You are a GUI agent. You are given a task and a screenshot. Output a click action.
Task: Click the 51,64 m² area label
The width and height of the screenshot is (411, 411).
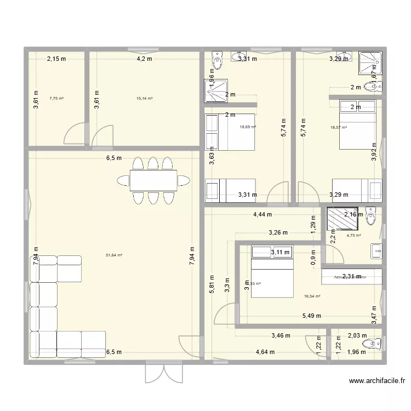(114, 255)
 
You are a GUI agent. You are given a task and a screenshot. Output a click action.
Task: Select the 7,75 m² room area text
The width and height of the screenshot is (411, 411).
(56, 99)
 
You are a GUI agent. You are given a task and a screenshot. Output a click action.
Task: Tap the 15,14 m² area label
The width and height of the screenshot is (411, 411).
(144, 99)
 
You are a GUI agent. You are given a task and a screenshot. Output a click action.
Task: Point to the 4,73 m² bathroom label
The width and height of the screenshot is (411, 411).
(353, 236)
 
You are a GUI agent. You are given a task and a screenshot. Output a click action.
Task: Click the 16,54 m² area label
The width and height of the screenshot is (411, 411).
(312, 296)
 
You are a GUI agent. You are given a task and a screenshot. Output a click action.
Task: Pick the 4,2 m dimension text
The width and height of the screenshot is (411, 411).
(144, 59)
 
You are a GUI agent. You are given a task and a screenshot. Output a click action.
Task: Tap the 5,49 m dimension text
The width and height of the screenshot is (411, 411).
(310, 316)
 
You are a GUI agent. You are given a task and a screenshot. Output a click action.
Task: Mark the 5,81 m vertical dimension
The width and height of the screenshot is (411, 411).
(212, 285)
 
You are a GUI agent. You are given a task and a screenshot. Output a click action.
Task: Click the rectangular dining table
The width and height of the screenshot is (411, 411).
(153, 180)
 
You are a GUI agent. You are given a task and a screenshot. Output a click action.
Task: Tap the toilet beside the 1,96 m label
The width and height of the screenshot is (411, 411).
(375, 344)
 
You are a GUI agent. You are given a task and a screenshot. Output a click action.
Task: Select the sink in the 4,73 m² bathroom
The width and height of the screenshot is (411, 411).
(376, 251)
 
